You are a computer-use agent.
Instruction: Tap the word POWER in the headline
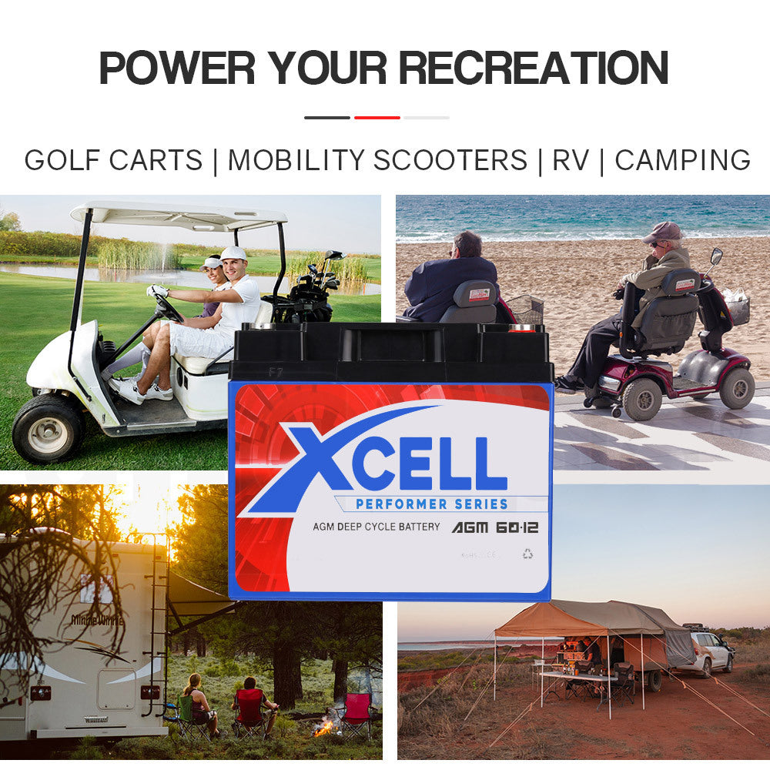pos(177,67)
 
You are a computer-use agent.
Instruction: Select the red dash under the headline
pos(377,118)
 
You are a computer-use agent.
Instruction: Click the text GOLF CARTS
pos(113,160)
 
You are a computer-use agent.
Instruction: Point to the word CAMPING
pos(682,160)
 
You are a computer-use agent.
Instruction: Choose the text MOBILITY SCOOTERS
pos(377,160)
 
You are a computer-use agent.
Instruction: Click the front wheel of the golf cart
pos(48,428)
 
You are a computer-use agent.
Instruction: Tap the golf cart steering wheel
pos(169,307)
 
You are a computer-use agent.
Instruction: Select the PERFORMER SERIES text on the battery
pos(432,504)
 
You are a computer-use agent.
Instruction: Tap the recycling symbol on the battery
pos(527,553)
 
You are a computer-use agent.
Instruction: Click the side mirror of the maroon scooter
pos(716,255)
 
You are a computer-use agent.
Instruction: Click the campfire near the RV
pos(324,725)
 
